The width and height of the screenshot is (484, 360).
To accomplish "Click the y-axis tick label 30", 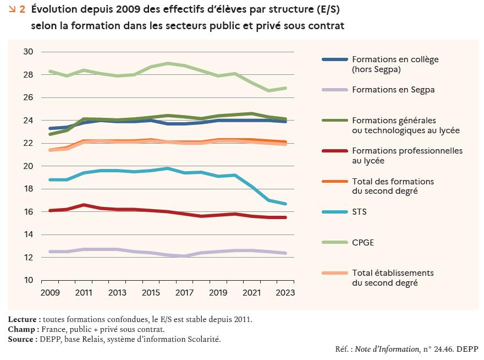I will pos(29,52).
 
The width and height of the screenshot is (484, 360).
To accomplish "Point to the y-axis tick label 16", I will pos(29,212).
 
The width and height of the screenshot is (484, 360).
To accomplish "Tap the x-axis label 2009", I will pos(50,292).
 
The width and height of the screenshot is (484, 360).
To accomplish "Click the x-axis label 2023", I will pos(285,292).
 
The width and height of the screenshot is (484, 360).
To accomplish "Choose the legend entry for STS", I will pos(360,212).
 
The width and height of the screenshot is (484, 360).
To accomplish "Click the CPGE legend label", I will pos(364,242).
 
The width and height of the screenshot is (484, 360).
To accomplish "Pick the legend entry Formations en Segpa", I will pos(393,90).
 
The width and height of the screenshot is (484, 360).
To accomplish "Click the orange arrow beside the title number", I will pos(12,9).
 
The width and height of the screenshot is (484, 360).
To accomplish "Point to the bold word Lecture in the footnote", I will pos(24,319).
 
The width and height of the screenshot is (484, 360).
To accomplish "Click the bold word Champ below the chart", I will pos(23,329).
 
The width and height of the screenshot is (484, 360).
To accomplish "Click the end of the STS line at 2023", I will pos(285,204).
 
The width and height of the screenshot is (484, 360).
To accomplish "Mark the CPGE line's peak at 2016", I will pos(168,63).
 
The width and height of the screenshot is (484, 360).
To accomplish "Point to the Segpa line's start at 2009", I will pos(50,252).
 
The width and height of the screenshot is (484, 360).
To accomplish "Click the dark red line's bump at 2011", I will pos(84,205).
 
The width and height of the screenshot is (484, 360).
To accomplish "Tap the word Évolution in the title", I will pos(54,9).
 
